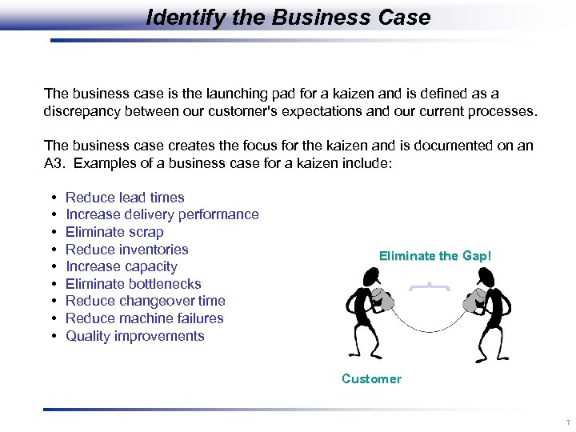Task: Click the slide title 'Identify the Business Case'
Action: (x=288, y=17)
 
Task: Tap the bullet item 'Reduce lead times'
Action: (x=125, y=198)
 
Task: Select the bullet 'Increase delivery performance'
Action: (x=162, y=214)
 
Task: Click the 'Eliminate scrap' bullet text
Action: (x=114, y=232)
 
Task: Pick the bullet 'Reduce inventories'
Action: (x=127, y=250)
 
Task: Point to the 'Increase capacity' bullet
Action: (x=122, y=266)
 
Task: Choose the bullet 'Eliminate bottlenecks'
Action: (x=134, y=284)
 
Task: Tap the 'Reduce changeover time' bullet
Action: (x=146, y=301)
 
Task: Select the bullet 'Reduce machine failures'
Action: (x=145, y=318)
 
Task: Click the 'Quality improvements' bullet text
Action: (x=135, y=336)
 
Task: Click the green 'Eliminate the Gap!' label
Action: (x=435, y=256)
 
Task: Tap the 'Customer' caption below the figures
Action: (x=371, y=379)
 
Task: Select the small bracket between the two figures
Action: (x=429, y=286)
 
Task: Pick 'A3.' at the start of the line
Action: (x=54, y=162)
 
